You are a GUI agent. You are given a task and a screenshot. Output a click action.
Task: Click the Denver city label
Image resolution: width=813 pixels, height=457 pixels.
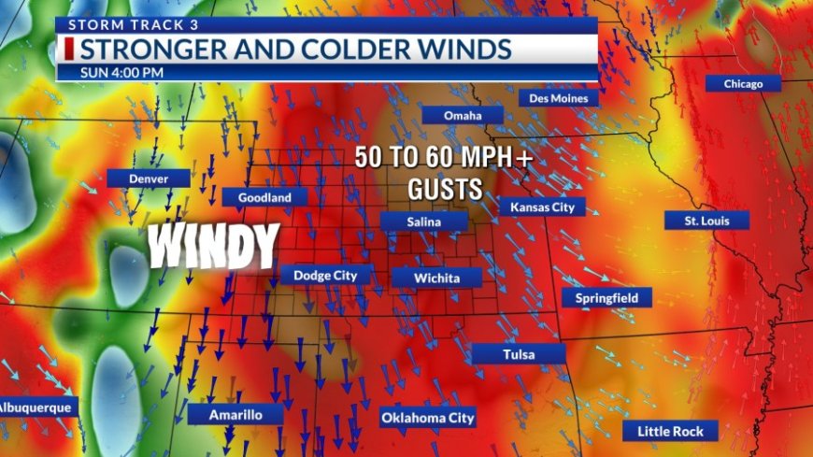pos(148,178)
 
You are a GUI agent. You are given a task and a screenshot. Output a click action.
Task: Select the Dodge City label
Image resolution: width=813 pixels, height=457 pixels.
pos(326,275)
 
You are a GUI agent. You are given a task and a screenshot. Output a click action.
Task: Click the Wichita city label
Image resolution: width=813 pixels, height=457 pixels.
pos(436,278)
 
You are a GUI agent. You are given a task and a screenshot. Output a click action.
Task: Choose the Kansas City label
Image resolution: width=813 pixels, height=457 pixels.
pos(542,207)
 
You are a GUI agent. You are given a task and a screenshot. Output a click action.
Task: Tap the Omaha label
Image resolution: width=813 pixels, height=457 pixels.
pos(463,115)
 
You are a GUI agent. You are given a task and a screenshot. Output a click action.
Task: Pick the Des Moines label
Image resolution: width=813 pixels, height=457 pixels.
pos(558,97)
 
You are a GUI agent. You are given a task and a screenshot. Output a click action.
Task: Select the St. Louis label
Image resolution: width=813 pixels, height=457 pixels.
pos(706,221)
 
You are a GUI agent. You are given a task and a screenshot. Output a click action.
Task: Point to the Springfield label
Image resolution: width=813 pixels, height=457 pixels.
pos(606,297)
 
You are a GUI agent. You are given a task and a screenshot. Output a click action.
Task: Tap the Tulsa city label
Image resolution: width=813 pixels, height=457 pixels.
pos(518,353)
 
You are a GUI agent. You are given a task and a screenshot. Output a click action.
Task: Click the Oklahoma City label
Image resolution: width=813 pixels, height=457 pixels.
pos(428,418)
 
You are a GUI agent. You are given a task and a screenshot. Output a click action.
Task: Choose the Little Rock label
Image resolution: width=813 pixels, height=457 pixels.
pos(670,431)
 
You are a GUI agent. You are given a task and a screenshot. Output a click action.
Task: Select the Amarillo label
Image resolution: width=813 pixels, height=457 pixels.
pos(235,414)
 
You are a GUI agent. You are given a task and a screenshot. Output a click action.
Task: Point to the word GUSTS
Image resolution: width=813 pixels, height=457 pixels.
pos(445,190)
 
